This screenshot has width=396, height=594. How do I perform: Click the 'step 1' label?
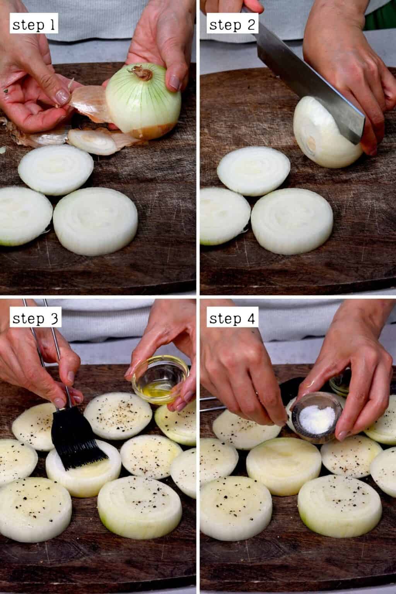point(34,26)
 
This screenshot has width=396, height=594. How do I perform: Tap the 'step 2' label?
point(232,26)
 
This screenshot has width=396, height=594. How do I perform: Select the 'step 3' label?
point(35,319)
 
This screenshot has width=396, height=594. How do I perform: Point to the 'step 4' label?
point(232,319)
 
